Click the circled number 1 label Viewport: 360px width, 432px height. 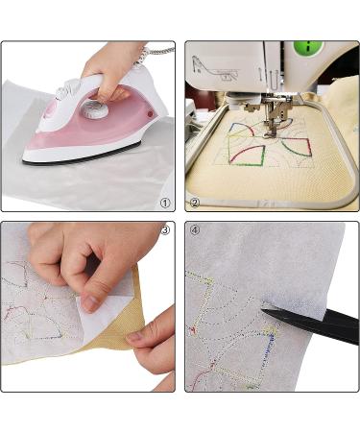[165, 203]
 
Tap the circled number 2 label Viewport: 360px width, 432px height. [194, 203]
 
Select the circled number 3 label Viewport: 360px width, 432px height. [165, 230]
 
